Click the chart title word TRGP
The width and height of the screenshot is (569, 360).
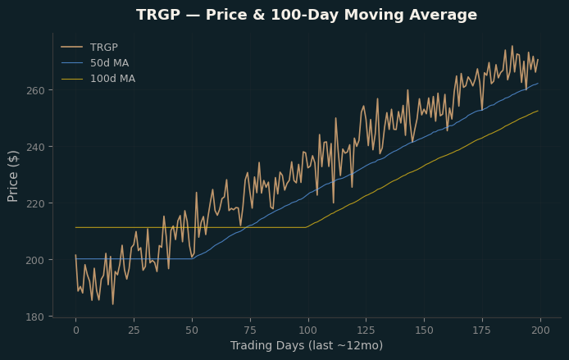click(158, 15)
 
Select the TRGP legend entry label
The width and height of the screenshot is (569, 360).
click(104, 48)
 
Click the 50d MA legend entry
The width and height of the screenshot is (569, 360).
click(109, 63)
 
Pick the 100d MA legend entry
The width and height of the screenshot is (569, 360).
click(112, 79)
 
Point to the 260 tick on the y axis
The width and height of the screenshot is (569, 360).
click(35, 90)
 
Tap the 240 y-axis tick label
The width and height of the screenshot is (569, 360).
click(35, 147)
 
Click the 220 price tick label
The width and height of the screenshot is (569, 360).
click(35, 203)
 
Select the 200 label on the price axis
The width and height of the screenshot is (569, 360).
click(35, 260)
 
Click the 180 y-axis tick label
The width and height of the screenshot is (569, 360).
click(35, 317)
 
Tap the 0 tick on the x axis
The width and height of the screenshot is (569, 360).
click(76, 330)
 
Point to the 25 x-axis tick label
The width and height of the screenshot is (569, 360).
click(134, 330)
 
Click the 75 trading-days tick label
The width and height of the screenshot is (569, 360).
click(250, 330)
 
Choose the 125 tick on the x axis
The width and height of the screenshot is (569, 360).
click(366, 330)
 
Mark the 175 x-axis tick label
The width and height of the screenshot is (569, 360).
click(482, 330)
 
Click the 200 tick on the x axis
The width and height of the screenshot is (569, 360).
click(540, 330)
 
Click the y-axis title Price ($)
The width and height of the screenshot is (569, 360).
click(12, 176)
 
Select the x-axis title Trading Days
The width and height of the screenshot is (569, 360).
click(267, 345)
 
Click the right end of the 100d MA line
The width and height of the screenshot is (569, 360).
click(538, 111)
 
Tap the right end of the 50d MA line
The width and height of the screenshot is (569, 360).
click(538, 84)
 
